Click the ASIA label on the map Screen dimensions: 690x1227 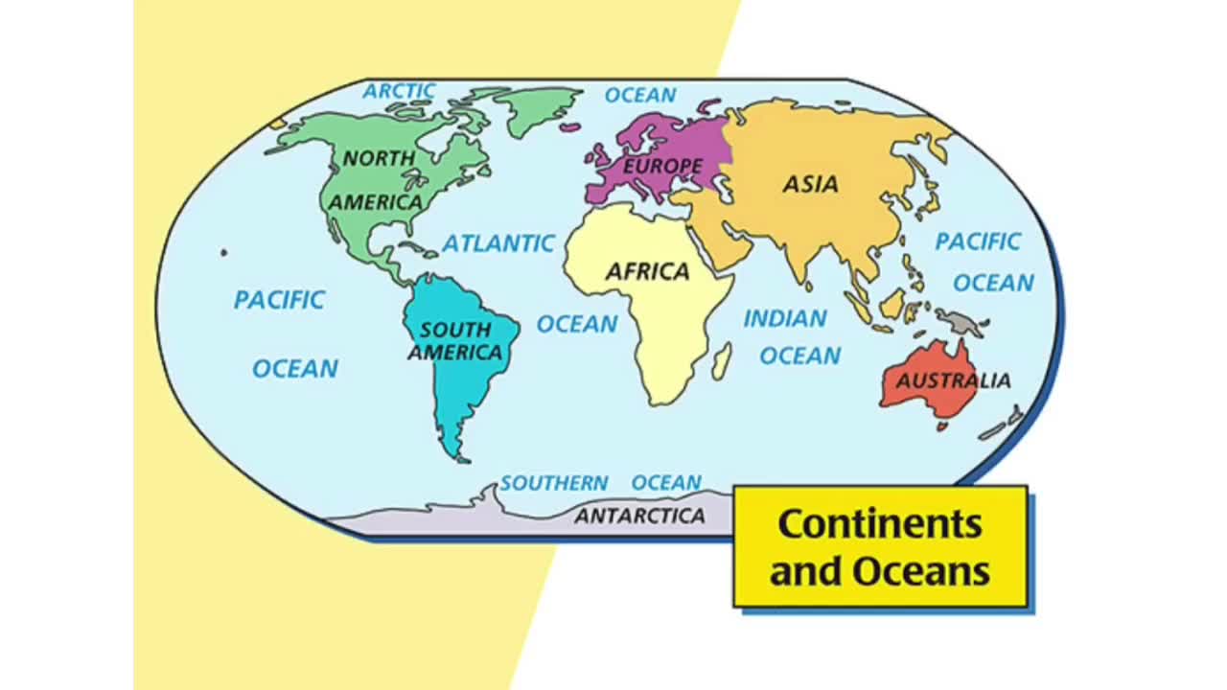click(810, 184)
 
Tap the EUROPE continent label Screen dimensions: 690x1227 click(662, 167)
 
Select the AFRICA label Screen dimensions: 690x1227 click(647, 272)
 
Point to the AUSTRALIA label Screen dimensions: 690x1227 click(953, 380)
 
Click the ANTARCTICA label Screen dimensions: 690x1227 click(639, 517)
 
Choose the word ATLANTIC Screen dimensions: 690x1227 click(498, 243)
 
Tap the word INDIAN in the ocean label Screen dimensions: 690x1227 click(785, 318)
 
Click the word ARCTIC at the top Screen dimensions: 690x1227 click(399, 92)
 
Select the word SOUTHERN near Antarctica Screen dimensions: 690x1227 click(554, 483)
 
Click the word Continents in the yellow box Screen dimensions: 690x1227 click(880, 524)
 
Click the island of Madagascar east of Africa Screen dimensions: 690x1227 click(722, 361)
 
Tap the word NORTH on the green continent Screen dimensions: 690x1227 click(380, 157)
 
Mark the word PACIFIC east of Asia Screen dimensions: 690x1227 click(978, 241)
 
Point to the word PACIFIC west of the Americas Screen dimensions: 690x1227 click(279, 300)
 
